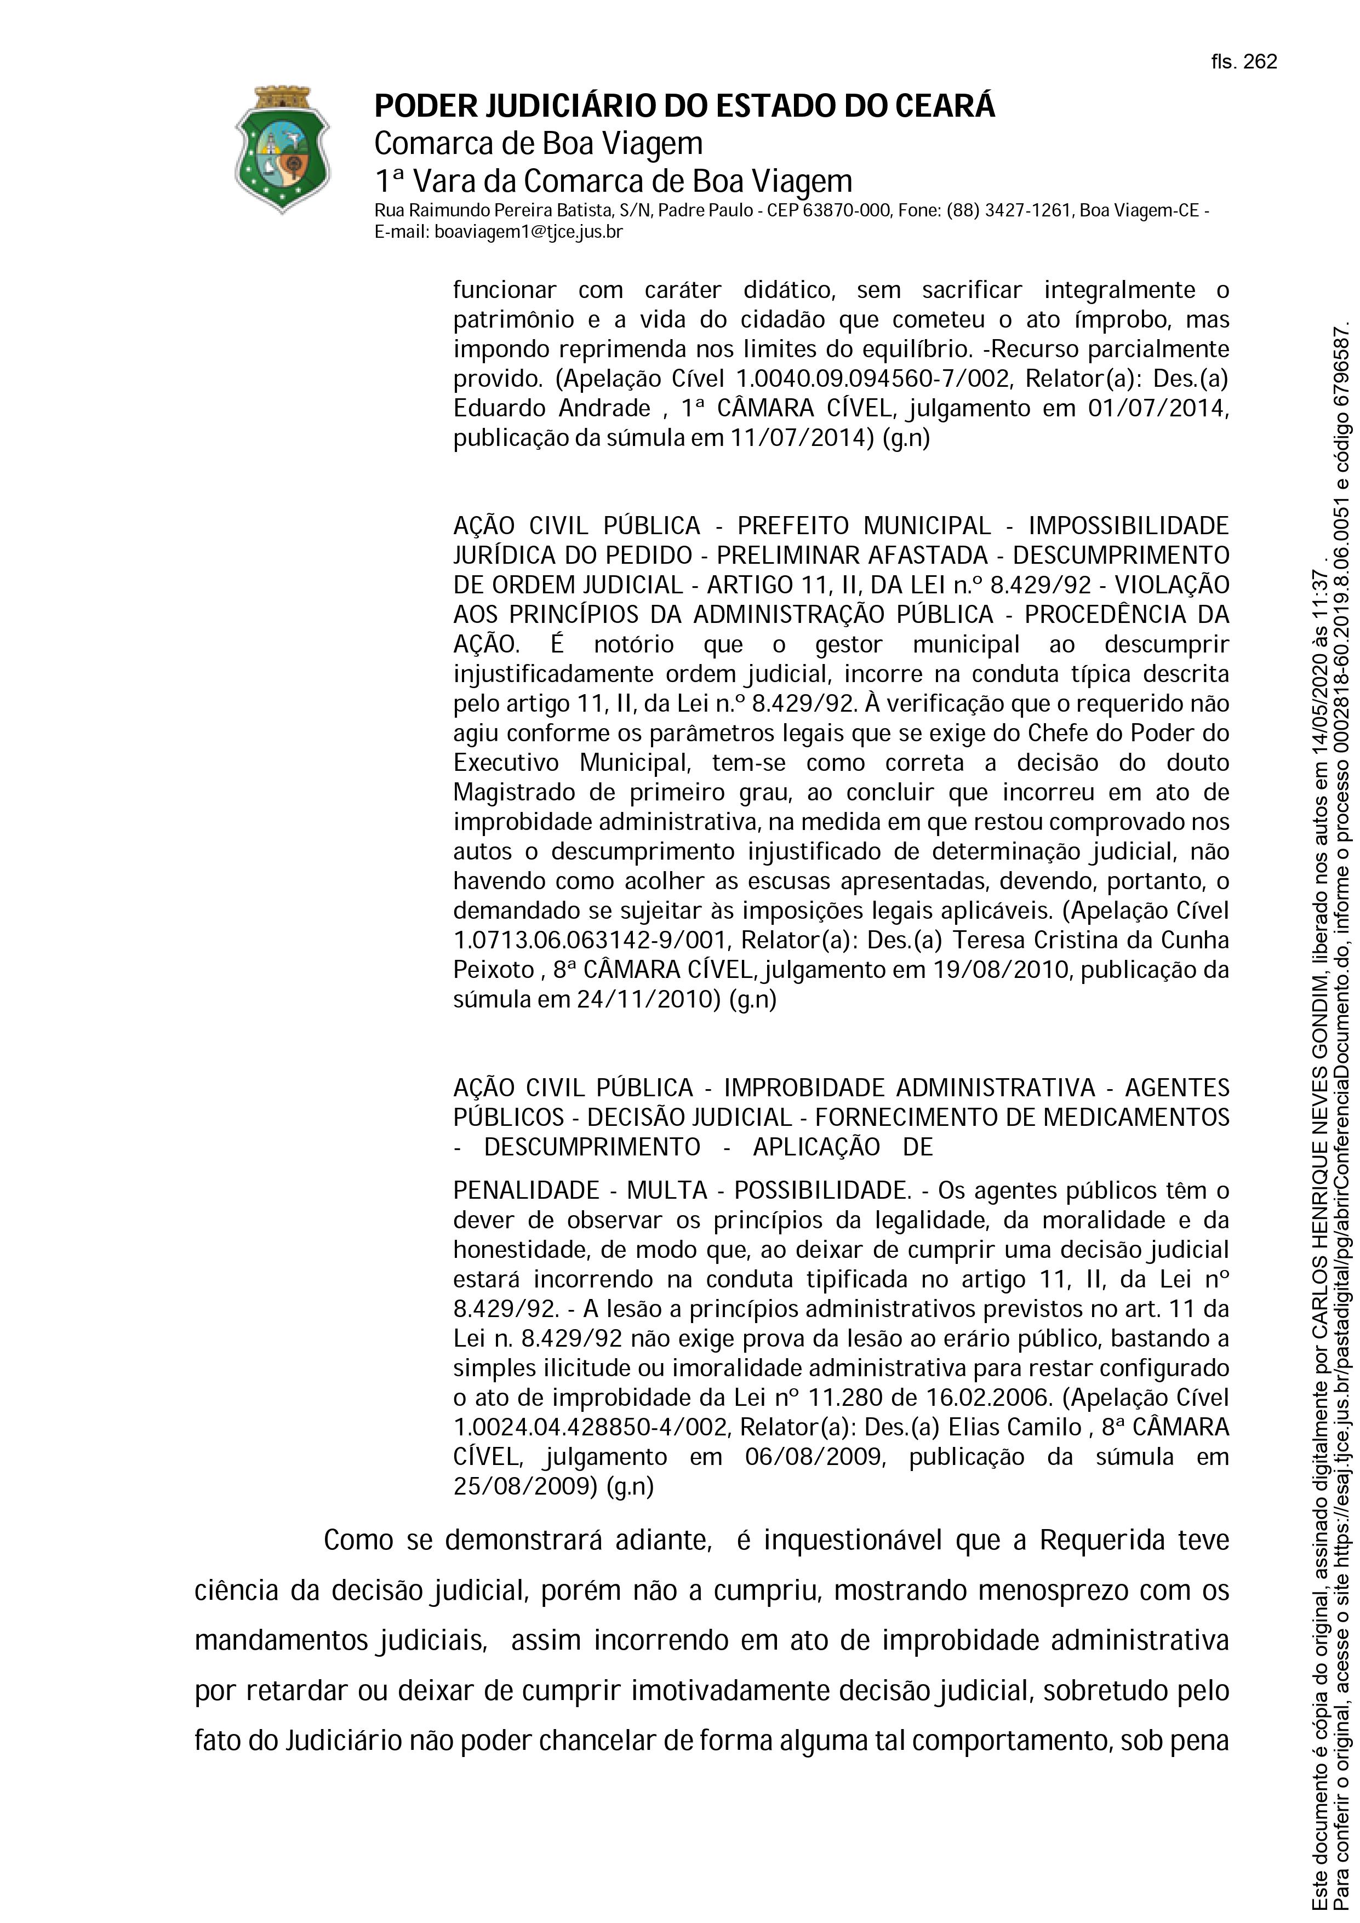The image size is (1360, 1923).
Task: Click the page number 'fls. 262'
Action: click(x=1244, y=62)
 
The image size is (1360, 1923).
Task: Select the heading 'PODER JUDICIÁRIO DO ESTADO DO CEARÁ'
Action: click(x=684, y=106)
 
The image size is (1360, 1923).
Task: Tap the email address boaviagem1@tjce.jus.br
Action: click(x=528, y=232)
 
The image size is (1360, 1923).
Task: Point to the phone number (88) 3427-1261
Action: click(x=1009, y=210)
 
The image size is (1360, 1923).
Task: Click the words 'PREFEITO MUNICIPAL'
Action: click(x=864, y=526)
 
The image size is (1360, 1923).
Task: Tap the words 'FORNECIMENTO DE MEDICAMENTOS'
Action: click(x=1022, y=1117)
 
